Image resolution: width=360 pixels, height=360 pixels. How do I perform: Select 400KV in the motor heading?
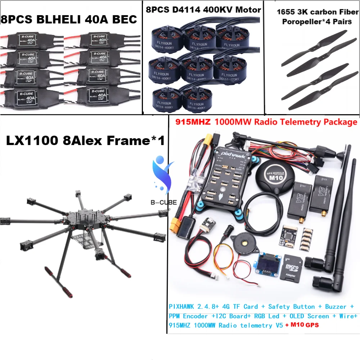217,10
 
